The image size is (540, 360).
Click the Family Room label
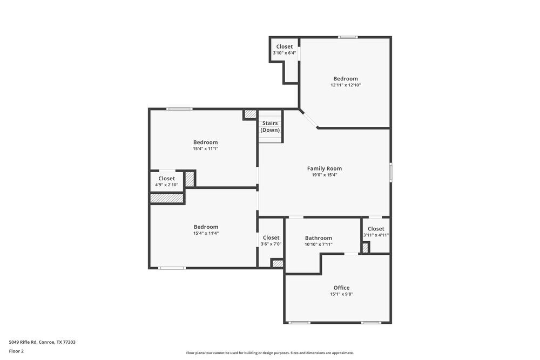[x=325, y=168]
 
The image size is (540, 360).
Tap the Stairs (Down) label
[x=270, y=127]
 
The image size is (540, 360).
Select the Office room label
[x=341, y=288]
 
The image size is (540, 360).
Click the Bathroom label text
[x=319, y=238]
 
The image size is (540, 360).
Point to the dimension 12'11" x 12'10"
[x=346, y=85]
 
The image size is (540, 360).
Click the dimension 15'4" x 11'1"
[x=206, y=149]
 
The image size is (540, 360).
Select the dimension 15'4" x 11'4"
[x=206, y=234]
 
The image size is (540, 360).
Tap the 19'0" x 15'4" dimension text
[x=325, y=175]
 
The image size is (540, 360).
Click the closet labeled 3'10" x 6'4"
[x=285, y=50]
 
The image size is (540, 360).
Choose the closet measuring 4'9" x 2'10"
[x=166, y=181]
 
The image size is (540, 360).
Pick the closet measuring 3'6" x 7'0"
[x=271, y=241]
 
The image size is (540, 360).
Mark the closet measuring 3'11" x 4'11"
[x=376, y=232]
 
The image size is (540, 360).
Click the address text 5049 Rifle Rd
[x=42, y=342]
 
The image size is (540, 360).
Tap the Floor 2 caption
[x=16, y=351]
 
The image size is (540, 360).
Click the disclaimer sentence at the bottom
[x=269, y=353]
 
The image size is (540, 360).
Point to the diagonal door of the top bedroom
[x=309, y=119]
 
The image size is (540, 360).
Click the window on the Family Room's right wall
[x=390, y=173]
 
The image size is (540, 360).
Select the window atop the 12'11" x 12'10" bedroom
[x=348, y=37]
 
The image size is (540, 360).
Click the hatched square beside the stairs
[x=250, y=114]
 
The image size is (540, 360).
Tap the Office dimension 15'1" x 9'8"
[x=341, y=294]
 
